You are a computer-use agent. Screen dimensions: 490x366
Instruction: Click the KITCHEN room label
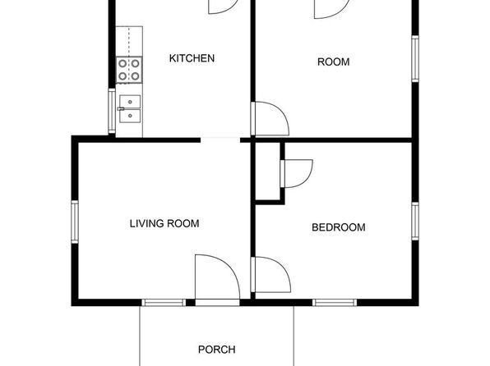(x=192, y=58)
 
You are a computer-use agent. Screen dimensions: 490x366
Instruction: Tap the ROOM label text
(x=334, y=62)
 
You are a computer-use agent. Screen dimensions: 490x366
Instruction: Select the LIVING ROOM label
(x=164, y=223)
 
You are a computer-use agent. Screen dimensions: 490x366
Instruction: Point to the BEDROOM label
(x=339, y=227)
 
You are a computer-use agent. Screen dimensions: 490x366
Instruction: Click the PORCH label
(x=216, y=350)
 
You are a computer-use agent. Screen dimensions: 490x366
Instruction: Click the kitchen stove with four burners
(x=129, y=70)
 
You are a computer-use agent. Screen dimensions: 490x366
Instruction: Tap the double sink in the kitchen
(x=130, y=109)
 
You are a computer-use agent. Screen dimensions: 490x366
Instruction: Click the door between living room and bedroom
(x=270, y=275)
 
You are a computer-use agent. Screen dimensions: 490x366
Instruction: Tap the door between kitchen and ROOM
(x=270, y=118)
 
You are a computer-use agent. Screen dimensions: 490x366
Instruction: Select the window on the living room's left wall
(x=75, y=222)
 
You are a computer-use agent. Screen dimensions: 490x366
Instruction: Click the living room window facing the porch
(x=164, y=302)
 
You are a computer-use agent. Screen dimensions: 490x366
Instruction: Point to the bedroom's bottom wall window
(x=335, y=302)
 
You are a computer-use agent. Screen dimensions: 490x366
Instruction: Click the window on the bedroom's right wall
(x=415, y=222)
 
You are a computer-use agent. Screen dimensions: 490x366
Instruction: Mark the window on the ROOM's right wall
(x=415, y=58)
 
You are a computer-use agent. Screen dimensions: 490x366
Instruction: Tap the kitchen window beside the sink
(x=112, y=111)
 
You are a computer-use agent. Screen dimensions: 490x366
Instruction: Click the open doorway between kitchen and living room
(x=220, y=140)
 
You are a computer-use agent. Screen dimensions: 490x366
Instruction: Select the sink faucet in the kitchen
(x=121, y=109)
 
